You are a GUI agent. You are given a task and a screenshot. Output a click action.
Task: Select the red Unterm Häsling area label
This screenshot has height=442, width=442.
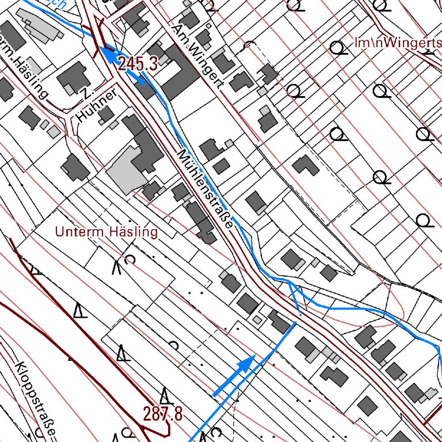pyautogui.click(x=106, y=232)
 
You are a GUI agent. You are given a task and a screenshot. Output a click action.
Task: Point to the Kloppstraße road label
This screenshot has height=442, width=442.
pyautogui.click(x=36, y=397)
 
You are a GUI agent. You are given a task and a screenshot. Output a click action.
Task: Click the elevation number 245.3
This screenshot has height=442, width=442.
pyautogui.click(x=138, y=64)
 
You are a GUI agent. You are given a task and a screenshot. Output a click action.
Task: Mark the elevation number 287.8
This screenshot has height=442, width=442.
pyautogui.click(x=163, y=413)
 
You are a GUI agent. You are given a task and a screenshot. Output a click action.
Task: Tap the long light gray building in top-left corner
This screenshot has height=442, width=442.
pyautogui.click(x=40, y=26)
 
